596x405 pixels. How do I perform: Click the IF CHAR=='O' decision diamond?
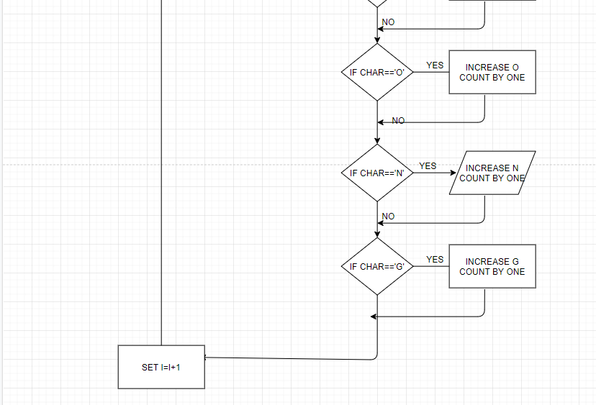[x=376, y=72]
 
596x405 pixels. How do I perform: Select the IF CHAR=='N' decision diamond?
[x=376, y=173]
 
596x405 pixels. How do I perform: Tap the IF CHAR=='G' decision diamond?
[x=376, y=266]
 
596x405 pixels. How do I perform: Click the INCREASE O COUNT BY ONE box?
[x=492, y=72]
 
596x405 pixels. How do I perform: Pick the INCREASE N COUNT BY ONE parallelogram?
[x=492, y=173]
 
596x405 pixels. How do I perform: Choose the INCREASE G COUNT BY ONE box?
[x=492, y=266]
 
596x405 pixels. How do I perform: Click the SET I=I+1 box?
[x=161, y=367]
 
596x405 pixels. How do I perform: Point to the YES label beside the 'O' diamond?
[x=435, y=65]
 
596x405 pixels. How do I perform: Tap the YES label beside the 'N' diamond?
[x=428, y=166]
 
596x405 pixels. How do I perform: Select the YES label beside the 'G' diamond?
[x=435, y=260]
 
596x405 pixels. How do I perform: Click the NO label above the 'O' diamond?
[x=388, y=22]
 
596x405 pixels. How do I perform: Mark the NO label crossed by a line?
[x=398, y=122]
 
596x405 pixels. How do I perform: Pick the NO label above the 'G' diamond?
[x=388, y=217]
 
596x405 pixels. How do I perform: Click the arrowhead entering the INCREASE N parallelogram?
[x=453, y=173]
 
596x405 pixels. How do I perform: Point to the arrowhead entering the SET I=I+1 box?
[x=207, y=357]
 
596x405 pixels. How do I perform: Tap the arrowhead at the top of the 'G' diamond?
[x=376, y=234]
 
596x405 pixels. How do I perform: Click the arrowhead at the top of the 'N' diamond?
[x=376, y=140]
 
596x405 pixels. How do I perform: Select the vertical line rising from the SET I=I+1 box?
[x=161, y=173]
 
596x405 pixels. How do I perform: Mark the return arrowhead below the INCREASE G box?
[x=374, y=317]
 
